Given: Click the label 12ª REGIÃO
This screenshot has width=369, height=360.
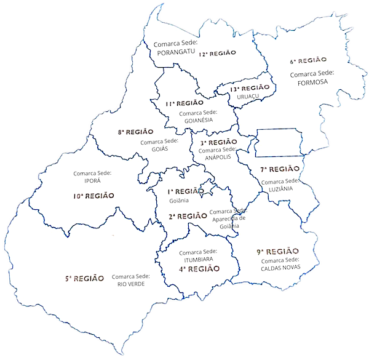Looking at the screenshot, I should click(x=217, y=54).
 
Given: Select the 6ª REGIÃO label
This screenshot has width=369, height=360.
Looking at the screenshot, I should click(x=307, y=60).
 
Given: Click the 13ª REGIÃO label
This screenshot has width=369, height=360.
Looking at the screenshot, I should click(x=250, y=89).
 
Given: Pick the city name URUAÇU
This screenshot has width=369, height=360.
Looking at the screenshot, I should click(x=250, y=97).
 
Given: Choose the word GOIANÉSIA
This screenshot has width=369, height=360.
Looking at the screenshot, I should click(x=198, y=120).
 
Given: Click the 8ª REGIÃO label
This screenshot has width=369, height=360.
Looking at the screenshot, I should click(x=135, y=132).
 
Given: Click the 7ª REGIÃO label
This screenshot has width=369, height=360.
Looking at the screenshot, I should click(x=279, y=169).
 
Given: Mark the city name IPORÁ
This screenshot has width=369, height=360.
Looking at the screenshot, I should click(x=92, y=182).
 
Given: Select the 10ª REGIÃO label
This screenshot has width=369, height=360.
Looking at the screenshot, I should click(x=93, y=196).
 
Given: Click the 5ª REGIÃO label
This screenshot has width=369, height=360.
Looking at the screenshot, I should click(x=84, y=278).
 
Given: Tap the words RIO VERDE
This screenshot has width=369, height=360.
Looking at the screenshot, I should click(x=130, y=284).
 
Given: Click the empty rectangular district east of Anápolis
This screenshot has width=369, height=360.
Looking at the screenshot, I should click(x=279, y=143).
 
